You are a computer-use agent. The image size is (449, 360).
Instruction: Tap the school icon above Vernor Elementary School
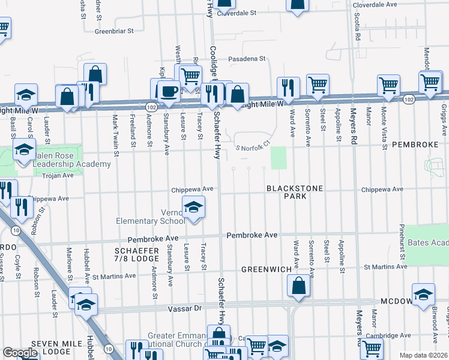click(193, 208)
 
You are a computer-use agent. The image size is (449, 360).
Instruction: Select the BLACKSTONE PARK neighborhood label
click(295, 193)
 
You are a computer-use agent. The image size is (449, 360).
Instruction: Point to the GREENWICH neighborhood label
click(262, 270)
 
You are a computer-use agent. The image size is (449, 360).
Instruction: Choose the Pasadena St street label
click(246, 59)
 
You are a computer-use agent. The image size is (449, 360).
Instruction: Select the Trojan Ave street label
click(57, 175)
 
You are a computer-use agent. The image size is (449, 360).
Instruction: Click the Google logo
click(20, 353)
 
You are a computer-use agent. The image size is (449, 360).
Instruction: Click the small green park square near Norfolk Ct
click(279, 158)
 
